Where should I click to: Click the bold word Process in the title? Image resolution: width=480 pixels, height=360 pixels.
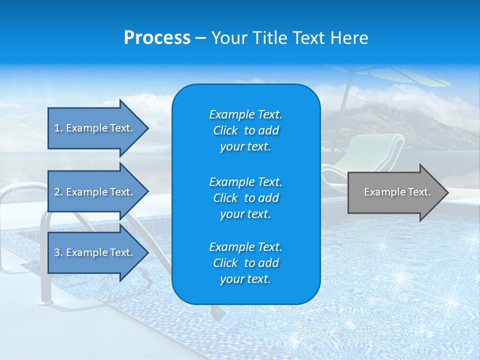(157, 38)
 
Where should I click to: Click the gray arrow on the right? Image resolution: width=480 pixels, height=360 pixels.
(395, 192)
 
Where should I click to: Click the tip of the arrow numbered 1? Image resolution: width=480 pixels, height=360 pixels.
(147, 128)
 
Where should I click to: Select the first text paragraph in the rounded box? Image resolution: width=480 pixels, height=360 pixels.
(245, 130)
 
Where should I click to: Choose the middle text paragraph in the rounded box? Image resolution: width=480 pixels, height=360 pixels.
(245, 198)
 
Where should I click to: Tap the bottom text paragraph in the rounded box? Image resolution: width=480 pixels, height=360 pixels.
(245, 263)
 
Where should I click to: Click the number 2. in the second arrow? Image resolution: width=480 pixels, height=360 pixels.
(58, 192)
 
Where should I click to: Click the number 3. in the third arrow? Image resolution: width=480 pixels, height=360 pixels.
(58, 252)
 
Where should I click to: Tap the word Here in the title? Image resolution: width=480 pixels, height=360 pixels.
(351, 38)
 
